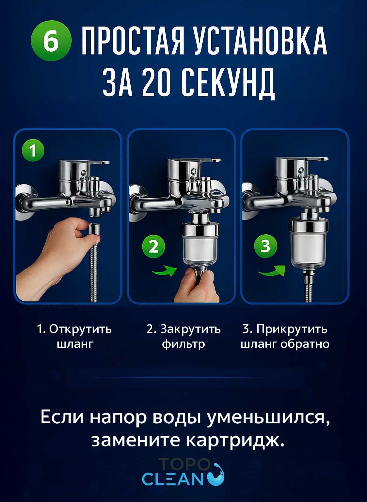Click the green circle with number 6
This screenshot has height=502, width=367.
click(x=51, y=41)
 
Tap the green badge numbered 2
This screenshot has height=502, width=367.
click(x=153, y=247)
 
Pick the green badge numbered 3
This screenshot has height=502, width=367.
click(x=265, y=246)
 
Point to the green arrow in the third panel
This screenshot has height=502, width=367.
click(x=272, y=271)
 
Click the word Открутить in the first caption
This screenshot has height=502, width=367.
click(x=80, y=329)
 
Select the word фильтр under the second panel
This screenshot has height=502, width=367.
click(x=183, y=344)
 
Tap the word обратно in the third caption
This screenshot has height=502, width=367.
click(x=305, y=344)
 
